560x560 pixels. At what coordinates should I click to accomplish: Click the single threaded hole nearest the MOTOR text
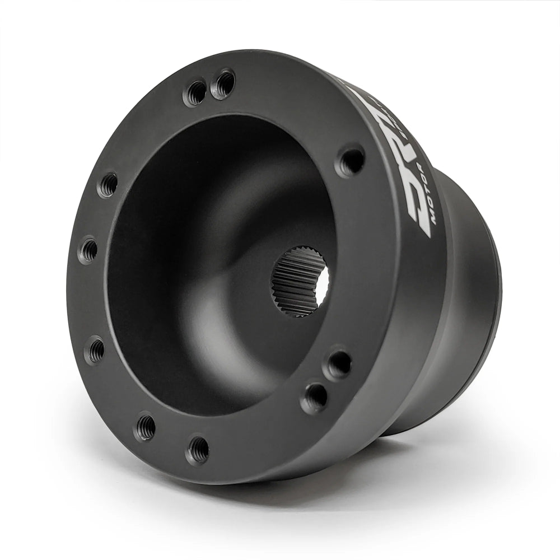click(x=351, y=161)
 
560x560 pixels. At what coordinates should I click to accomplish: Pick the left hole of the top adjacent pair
click(x=196, y=92)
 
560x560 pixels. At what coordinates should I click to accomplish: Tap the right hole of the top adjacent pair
click(x=224, y=83)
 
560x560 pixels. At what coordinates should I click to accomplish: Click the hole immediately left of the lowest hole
click(x=146, y=426)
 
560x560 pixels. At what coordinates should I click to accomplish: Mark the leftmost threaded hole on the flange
click(x=88, y=250)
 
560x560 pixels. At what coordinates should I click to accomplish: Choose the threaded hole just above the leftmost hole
click(x=108, y=184)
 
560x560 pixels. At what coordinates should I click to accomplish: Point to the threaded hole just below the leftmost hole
click(x=96, y=350)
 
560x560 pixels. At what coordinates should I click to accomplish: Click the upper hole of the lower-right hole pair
click(x=339, y=364)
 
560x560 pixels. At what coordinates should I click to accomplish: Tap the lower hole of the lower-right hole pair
click(x=315, y=397)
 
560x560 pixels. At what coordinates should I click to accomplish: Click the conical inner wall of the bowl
click(x=185, y=252)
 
